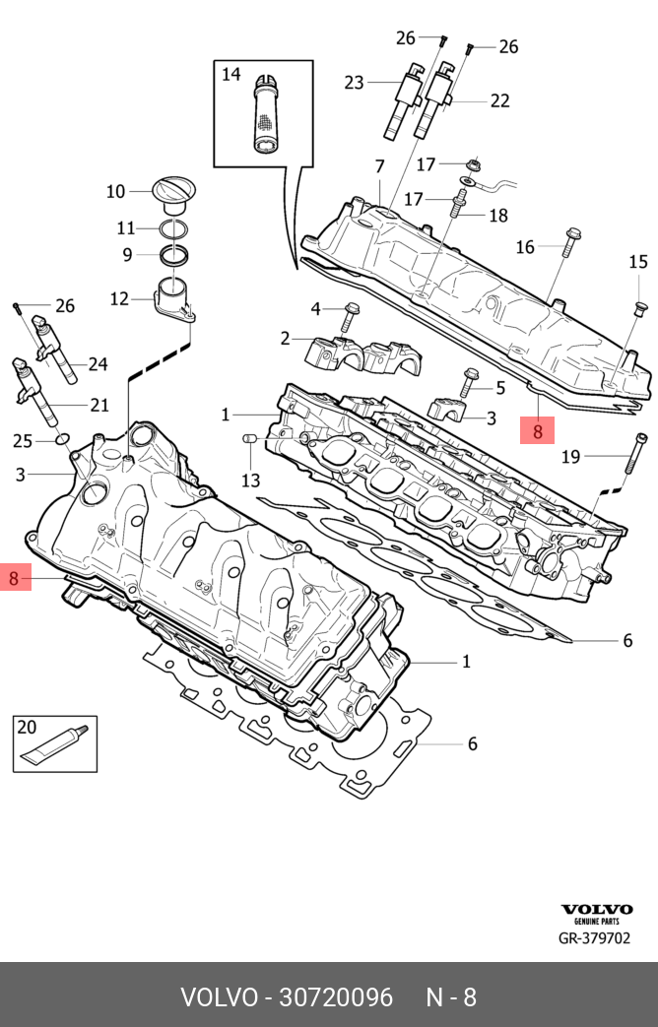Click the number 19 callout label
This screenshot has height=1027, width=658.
(x=571, y=456)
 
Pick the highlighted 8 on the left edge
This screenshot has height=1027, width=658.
(x=14, y=577)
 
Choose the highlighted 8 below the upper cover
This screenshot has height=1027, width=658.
(x=538, y=430)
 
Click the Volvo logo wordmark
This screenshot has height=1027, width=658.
(x=596, y=909)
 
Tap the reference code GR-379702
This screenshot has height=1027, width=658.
(x=594, y=938)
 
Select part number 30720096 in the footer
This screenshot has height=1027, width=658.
(x=336, y=997)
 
